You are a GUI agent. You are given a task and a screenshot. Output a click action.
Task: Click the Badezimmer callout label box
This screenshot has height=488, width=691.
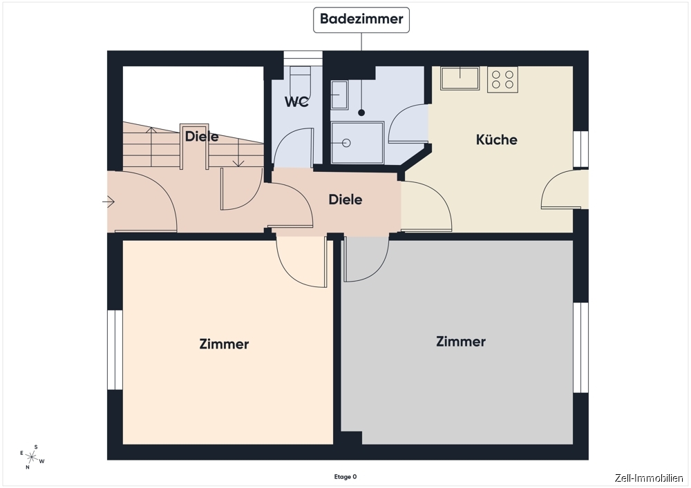361,20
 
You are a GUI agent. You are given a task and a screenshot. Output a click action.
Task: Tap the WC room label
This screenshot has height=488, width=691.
296,101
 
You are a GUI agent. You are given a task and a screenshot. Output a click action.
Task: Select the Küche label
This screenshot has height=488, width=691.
497,140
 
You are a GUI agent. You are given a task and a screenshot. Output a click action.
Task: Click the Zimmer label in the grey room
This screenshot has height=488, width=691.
461,342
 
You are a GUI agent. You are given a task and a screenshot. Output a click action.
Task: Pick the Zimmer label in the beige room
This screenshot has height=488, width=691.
224,344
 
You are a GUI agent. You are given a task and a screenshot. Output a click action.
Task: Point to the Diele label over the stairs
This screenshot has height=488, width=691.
202,137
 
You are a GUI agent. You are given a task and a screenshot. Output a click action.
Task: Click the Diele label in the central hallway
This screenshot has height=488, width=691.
345,199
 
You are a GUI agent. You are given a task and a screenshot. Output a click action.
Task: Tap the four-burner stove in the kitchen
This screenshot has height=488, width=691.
502,79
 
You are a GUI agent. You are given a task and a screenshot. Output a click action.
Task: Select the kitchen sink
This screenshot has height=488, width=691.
460,78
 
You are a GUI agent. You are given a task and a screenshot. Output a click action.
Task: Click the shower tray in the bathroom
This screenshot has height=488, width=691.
357,143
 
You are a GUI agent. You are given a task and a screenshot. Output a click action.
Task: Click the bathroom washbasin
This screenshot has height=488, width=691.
339,95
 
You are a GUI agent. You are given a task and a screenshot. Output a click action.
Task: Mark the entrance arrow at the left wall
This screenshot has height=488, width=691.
108,202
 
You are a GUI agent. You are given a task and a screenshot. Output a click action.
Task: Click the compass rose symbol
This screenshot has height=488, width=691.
32,457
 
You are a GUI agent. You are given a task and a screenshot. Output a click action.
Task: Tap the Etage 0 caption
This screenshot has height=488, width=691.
345,477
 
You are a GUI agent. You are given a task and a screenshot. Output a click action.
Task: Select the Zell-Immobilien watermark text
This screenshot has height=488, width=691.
649,478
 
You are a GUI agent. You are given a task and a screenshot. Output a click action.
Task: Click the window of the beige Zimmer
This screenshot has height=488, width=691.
115,350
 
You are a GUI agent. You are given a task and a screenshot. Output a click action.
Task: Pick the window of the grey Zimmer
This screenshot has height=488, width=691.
581,347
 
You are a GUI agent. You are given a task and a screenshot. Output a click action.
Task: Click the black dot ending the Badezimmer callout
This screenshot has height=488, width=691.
361,113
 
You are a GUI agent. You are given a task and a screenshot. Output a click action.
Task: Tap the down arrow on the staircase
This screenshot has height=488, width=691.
238,153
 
